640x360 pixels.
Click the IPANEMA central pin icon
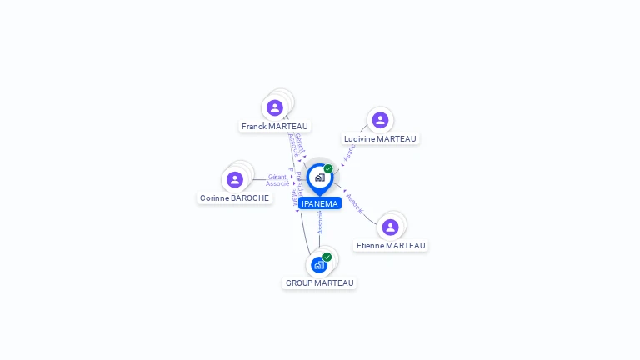pos(319,177)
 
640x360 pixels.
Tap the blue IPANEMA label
pos(320,203)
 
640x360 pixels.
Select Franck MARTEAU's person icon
pos(275,107)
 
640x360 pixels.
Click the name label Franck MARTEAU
pos(275,127)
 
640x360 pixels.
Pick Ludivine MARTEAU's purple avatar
pos(380,120)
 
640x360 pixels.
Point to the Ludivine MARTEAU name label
pos(380,139)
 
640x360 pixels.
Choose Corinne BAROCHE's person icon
pos(235,179)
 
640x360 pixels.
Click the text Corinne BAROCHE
pos(234,198)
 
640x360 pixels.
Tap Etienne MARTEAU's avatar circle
pos(390,227)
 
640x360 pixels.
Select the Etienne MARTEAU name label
pos(391,246)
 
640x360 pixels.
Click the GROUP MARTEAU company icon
pos(319,265)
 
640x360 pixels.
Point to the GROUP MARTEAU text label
pos(320,283)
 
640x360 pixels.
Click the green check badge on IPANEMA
pos(328,168)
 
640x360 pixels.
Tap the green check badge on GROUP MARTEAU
pos(327,257)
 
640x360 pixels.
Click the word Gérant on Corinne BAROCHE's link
pos(277,177)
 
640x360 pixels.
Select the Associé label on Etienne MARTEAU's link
pos(354,204)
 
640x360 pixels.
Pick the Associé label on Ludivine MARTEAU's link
pos(349,151)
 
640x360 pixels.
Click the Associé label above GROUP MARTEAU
pos(320,222)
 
